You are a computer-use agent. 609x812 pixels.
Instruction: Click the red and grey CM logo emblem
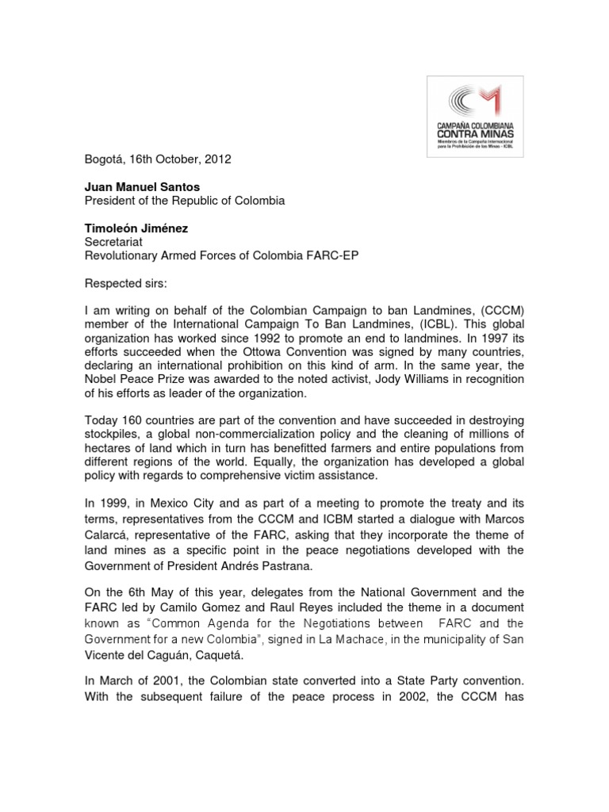[x=474, y=101]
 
